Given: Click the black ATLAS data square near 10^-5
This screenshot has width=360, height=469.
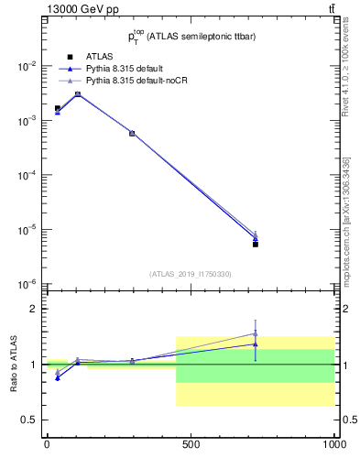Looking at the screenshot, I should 256,245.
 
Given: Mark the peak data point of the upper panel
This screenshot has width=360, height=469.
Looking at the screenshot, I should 78,93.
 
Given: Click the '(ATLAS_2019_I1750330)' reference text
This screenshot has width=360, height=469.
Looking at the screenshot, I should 191,274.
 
